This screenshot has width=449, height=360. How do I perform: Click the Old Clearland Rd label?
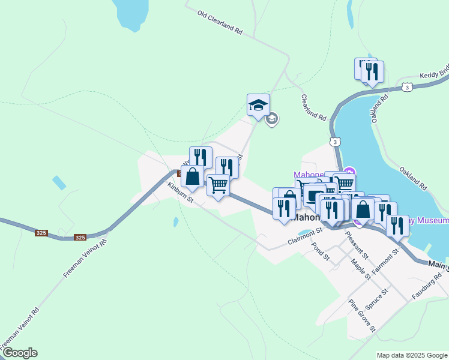pos(220,22)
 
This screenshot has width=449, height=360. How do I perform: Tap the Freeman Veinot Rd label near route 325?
pos(85,257)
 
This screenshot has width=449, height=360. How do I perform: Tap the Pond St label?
pos(321,251)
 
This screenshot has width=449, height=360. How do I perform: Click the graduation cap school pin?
pos(259,105)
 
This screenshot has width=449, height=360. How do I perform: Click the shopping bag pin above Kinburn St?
pos(192,177)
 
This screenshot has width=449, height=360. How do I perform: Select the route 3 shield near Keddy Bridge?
pos(408,88)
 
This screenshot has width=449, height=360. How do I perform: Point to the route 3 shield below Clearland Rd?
pos(334,142)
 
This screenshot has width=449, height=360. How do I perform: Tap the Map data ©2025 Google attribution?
pos(412,355)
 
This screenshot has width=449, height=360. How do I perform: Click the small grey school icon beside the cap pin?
pos(272,119)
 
